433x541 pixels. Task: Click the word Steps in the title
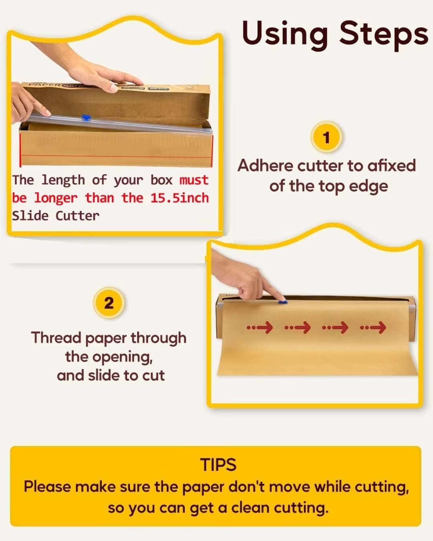click(384, 35)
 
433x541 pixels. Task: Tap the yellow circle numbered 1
click(326, 137)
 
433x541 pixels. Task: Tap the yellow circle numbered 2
click(109, 303)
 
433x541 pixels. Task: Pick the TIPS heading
click(218, 464)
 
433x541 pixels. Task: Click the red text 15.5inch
click(180, 198)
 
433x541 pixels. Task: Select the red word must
click(194, 180)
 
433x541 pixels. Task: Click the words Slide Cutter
click(56, 216)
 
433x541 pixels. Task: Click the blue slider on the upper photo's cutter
click(86, 117)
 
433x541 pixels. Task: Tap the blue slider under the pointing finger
click(282, 302)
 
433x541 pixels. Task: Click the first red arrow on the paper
click(260, 327)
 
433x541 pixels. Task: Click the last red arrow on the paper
click(373, 327)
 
